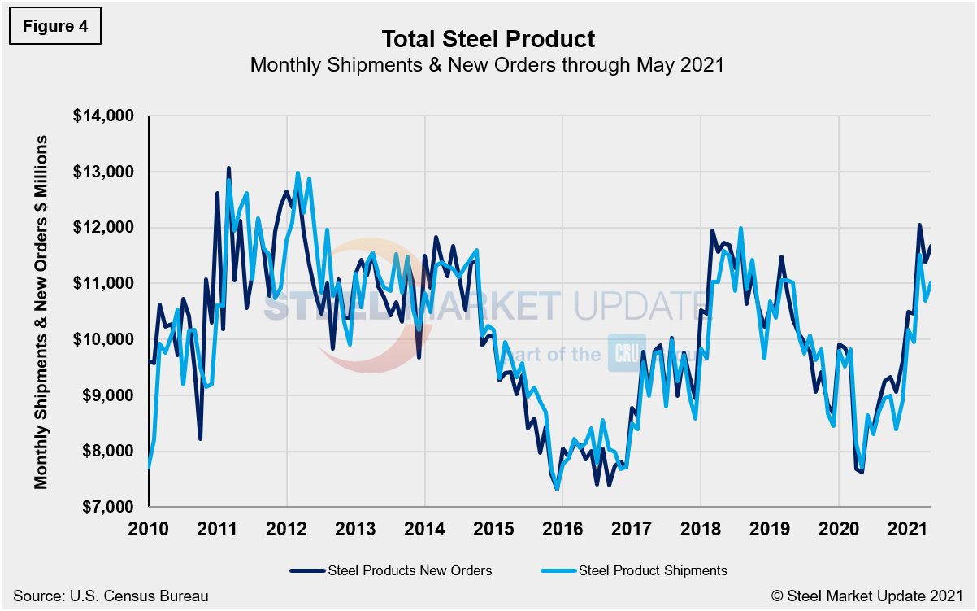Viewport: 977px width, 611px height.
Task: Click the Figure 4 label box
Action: click(x=55, y=26)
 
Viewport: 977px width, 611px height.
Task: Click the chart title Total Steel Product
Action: click(x=488, y=38)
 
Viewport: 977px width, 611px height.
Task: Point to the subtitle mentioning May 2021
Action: click(x=487, y=64)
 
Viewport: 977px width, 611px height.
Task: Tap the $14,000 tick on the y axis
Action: click(x=103, y=116)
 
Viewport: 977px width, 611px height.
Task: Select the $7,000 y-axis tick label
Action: click(x=106, y=506)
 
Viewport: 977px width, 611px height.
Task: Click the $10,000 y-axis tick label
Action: click(x=103, y=339)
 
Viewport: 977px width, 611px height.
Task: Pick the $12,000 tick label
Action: click(x=103, y=228)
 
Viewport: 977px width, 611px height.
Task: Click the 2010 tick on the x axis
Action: click(x=150, y=530)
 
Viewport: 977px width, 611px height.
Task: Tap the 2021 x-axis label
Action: click(x=907, y=530)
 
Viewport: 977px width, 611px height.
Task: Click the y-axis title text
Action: click(x=41, y=312)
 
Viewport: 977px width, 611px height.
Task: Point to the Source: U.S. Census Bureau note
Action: click(x=111, y=596)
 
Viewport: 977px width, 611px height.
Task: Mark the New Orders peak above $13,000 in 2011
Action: click(x=228, y=168)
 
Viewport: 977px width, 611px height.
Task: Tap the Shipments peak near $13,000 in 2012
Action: click(x=297, y=172)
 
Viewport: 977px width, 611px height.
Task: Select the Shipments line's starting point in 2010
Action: click(x=150, y=466)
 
